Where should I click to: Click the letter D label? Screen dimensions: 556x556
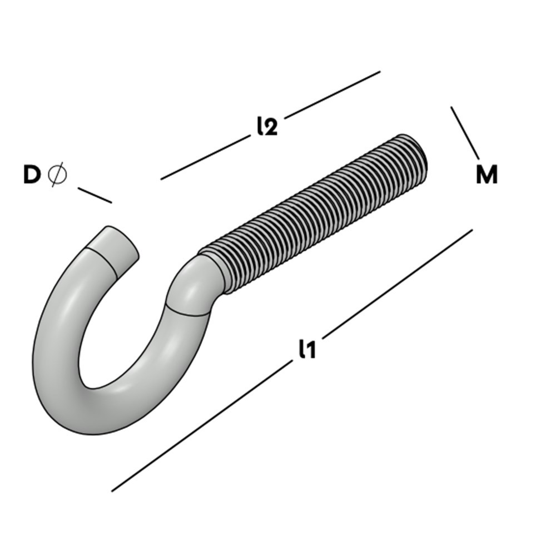point(32,175)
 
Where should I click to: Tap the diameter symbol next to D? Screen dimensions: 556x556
point(57,175)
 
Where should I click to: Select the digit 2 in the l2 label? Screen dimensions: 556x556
point(270,128)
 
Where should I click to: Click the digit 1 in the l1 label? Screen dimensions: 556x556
point(310,350)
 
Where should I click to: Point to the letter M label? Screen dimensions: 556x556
point(487,175)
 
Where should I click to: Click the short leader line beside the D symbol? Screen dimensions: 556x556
point(95,195)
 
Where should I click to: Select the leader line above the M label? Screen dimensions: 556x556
point(465,133)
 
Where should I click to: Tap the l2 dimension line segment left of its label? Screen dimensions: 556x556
point(203,158)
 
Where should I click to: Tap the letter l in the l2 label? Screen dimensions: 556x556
point(260,127)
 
